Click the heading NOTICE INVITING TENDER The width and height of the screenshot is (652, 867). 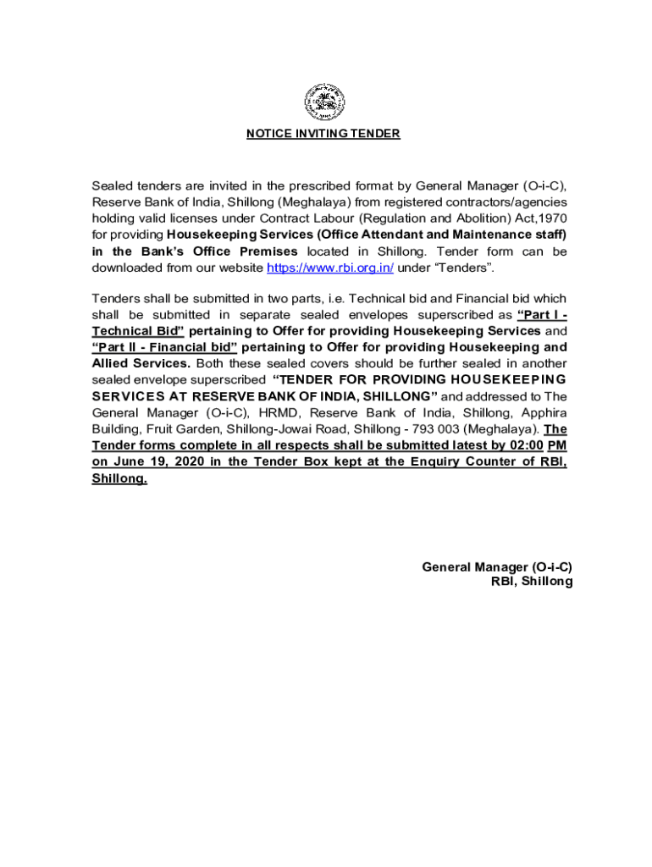pyautogui.click(x=323, y=134)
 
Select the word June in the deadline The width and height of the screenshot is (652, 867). pyautogui.click(x=130, y=461)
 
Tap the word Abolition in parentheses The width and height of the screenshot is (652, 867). pyautogui.click(x=433, y=218)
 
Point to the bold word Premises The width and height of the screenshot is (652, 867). pyautogui.click(x=266, y=251)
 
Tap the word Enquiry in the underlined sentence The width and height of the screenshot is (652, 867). pyautogui.click(x=440, y=461)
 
